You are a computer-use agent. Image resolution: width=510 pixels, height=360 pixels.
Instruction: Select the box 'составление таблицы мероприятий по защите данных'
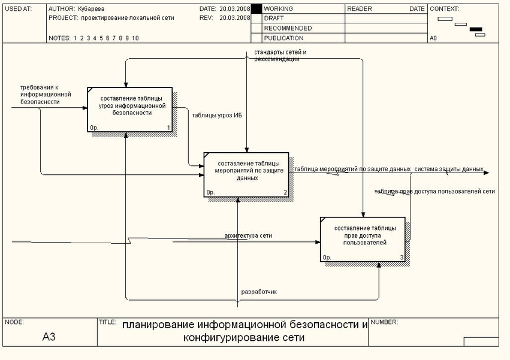coord(246,174)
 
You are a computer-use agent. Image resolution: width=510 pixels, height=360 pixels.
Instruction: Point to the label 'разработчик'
coord(259,292)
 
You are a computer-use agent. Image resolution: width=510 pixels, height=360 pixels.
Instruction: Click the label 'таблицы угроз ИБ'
coord(217,114)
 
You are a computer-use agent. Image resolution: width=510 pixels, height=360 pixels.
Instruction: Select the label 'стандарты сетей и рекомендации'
coord(280,56)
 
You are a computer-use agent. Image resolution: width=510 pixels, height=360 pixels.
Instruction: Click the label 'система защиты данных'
coord(448,169)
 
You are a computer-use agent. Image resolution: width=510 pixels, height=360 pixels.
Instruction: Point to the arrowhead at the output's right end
coord(486,173)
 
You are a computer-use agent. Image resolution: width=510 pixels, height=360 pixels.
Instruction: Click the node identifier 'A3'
coord(49,337)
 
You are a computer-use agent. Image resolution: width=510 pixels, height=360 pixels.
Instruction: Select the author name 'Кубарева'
coord(92,9)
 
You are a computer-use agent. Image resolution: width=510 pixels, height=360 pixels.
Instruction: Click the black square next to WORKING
coord(256,10)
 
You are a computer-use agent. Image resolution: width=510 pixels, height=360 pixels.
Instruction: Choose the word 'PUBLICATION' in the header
coord(283,38)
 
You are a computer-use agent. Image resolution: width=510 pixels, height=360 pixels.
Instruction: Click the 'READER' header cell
coord(360,9)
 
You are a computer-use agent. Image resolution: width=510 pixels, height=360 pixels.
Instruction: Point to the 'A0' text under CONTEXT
coord(433,38)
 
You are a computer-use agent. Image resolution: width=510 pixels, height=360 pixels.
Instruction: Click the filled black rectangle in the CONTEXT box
coord(476,29)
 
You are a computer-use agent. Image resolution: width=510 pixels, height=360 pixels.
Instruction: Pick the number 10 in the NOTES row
coord(135,38)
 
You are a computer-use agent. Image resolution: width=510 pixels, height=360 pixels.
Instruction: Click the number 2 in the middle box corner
coord(285,192)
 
